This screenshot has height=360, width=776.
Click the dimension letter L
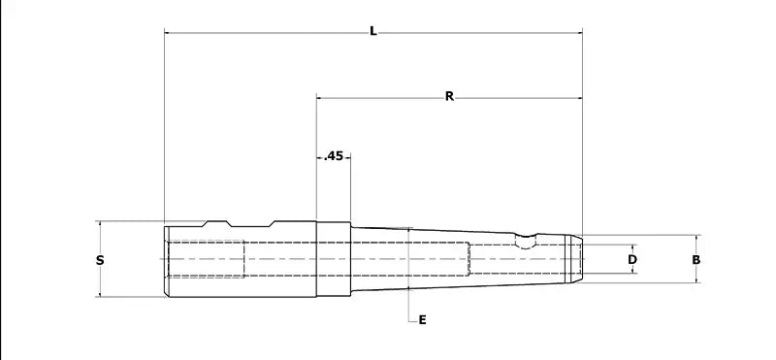pyautogui.click(x=373, y=32)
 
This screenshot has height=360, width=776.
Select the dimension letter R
pyautogui.click(x=449, y=97)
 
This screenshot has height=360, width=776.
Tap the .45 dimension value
pyautogui.click(x=333, y=156)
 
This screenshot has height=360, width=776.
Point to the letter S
pyautogui.click(x=100, y=260)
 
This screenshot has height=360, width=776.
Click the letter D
pyautogui.click(x=632, y=259)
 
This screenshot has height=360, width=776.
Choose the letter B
pyautogui.click(x=695, y=259)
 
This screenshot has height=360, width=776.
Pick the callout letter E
pyautogui.click(x=422, y=320)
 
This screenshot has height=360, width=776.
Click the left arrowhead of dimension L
pyautogui.click(x=167, y=33)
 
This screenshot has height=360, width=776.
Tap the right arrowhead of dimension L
pyautogui.click(x=579, y=33)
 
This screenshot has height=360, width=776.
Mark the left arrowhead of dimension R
pyautogui.click(x=320, y=98)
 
